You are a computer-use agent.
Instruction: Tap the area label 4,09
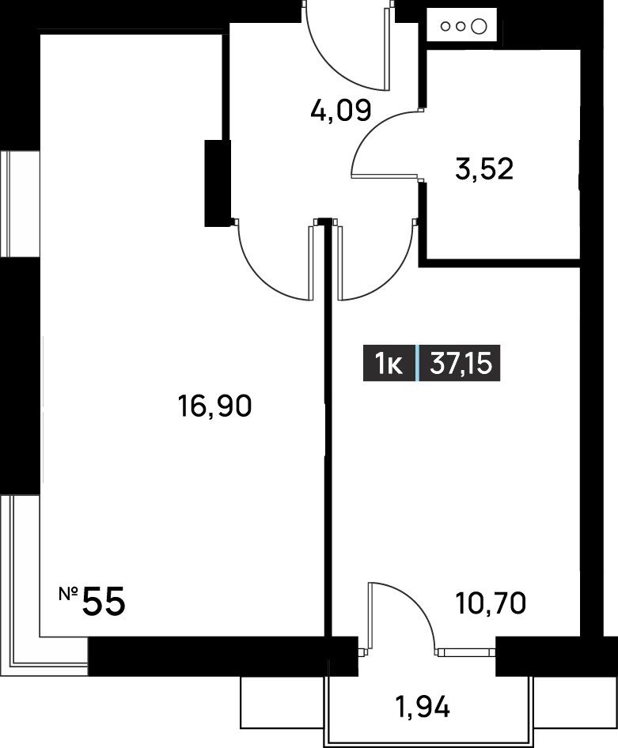click(340, 111)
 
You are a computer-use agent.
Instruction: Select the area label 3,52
click(484, 169)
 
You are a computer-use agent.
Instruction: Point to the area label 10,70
click(491, 603)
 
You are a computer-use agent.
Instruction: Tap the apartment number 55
click(104, 602)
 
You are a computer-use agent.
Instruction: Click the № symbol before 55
click(69, 594)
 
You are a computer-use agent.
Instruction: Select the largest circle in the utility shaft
click(479, 27)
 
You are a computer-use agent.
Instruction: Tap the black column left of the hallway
click(218, 183)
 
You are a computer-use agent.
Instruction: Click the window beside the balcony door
click(466, 652)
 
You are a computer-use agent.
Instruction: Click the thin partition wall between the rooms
click(328, 429)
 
